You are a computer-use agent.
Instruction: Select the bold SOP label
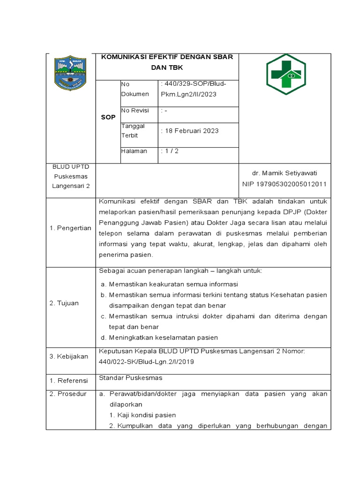(x=108, y=117)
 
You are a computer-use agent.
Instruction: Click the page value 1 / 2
(x=169, y=151)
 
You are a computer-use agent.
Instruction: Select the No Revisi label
(x=135, y=111)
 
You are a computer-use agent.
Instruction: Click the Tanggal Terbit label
(x=133, y=130)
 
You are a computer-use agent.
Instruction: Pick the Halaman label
(x=134, y=151)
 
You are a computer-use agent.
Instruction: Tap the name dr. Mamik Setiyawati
(x=284, y=173)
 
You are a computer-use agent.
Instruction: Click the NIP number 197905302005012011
(x=284, y=184)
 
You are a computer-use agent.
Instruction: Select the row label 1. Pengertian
(x=70, y=228)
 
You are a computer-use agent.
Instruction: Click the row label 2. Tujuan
(x=64, y=303)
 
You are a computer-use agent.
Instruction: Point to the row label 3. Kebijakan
(x=69, y=356)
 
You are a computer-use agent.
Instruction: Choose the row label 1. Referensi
(x=69, y=378)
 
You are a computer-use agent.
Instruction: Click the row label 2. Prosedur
(x=68, y=394)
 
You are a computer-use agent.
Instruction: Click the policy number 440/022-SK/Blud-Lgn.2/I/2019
(x=146, y=361)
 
